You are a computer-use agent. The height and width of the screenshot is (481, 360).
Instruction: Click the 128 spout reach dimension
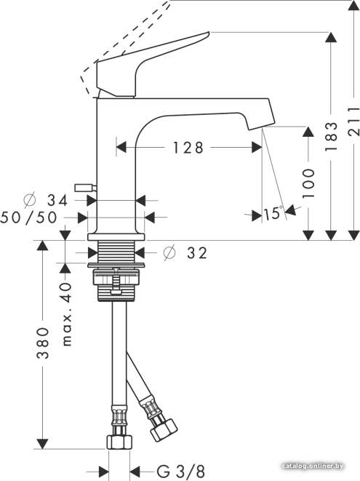[188, 148]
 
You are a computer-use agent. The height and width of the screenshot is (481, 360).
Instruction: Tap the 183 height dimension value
[331, 136]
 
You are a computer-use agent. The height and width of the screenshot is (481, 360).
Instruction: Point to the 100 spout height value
[308, 183]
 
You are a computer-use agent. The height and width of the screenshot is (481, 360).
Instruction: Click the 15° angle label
[273, 213]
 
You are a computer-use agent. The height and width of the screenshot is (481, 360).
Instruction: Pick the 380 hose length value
[43, 343]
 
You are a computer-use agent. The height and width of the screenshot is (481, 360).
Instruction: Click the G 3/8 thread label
[181, 472]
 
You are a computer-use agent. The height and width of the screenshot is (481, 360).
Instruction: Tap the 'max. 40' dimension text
[67, 314]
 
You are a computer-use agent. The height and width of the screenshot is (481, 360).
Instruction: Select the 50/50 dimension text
[29, 218]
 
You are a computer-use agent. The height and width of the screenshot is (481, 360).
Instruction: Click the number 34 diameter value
[57, 201]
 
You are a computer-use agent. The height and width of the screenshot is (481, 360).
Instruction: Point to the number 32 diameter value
[197, 253]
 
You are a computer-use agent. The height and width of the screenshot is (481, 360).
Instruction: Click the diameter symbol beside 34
[30, 200]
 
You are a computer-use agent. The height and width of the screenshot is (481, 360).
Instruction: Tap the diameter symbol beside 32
[169, 253]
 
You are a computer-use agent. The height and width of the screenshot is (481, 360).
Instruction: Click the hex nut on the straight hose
[119, 442]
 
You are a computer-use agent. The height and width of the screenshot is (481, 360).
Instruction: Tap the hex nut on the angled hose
[164, 429]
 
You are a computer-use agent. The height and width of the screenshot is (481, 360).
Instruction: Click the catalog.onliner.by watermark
[313, 466]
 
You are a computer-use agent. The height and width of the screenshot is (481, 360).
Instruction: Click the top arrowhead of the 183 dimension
[331, 37]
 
